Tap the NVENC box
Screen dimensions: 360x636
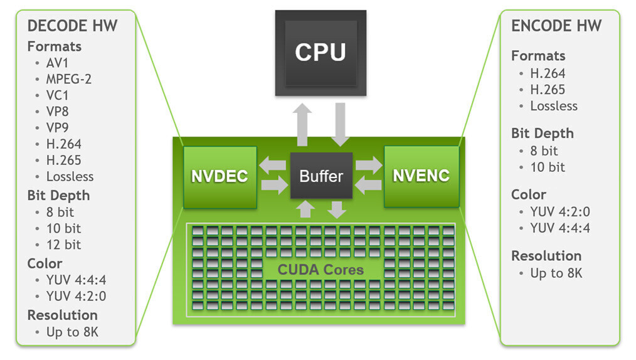(421, 176)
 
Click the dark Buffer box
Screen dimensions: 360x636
(321, 176)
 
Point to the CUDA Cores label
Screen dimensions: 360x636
(321, 270)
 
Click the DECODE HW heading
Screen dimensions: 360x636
(72, 26)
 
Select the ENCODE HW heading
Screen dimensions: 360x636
(556, 26)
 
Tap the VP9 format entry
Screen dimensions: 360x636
(58, 128)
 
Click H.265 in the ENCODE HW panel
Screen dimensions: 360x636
(548, 90)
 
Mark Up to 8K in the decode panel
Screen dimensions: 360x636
(72, 332)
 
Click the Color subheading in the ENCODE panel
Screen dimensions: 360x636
(529, 194)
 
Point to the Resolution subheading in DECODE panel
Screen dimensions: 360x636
(63, 315)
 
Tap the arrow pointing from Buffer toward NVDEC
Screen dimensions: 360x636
(273, 166)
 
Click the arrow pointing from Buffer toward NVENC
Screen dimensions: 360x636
(368, 166)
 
